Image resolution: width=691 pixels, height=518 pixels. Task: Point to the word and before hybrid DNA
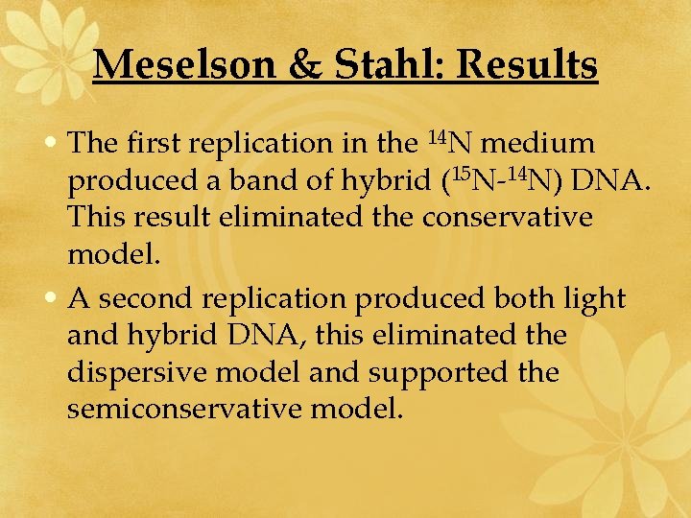click(90, 336)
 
